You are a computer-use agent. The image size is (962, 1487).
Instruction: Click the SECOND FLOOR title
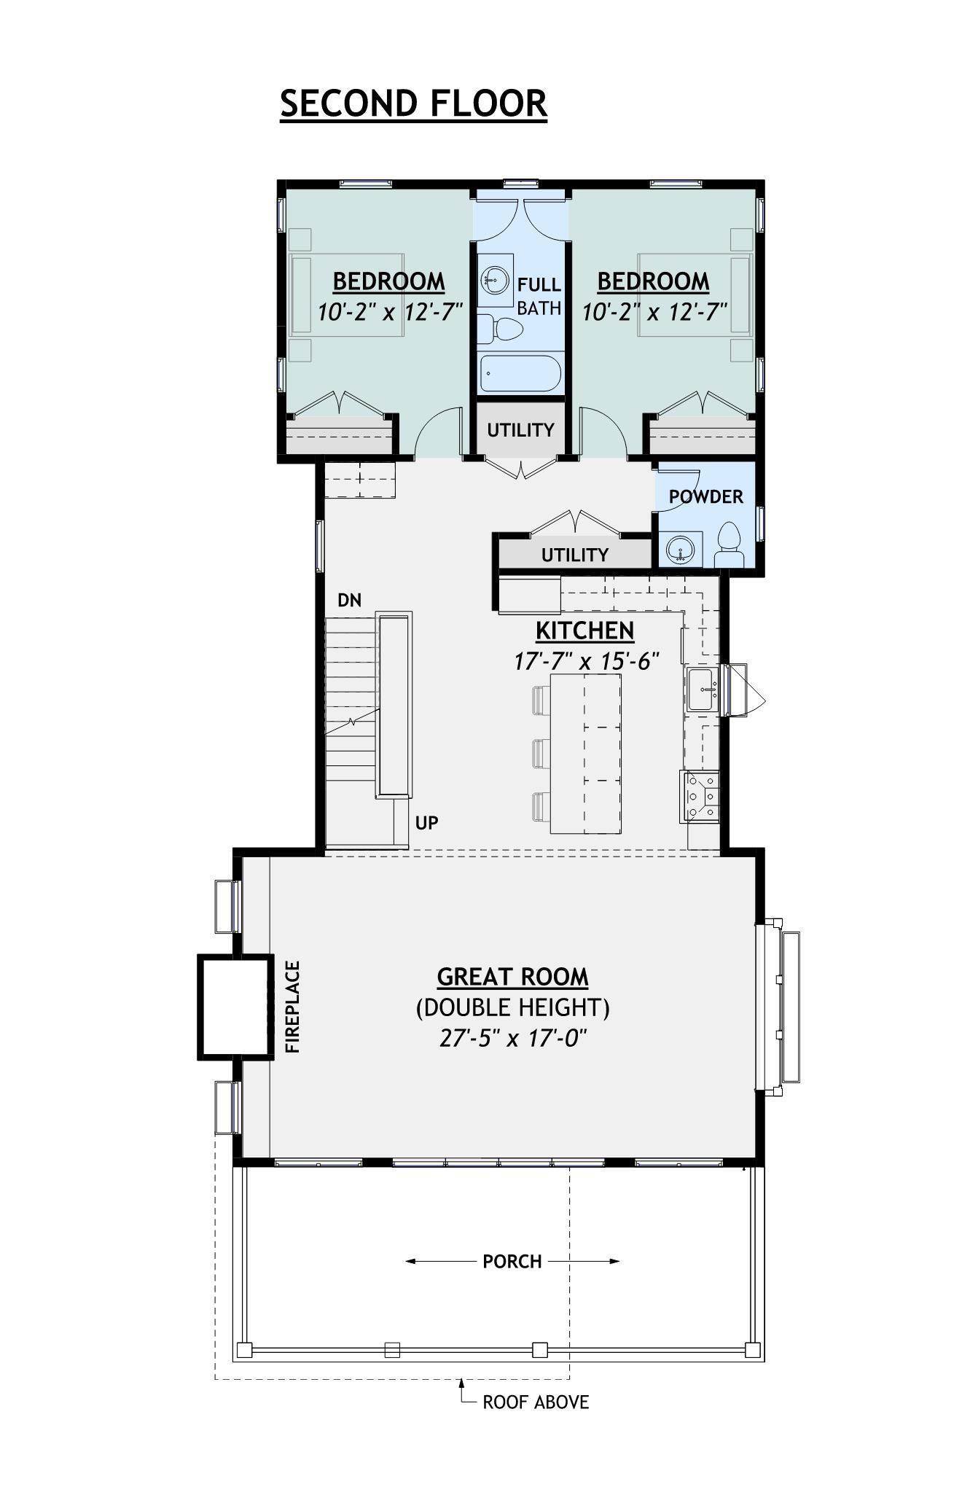413,103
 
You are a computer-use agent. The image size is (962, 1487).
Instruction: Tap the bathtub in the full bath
520,373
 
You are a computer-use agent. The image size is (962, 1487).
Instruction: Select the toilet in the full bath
503,329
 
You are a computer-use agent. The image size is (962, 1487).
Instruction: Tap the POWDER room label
705,497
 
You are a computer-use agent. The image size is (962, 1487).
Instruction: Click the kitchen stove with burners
700,796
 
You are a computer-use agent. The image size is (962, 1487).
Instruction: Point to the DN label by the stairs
349,600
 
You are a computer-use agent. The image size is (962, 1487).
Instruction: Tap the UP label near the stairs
426,823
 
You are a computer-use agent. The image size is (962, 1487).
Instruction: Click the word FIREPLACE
292,1007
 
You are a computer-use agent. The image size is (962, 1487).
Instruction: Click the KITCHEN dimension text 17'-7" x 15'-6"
586,662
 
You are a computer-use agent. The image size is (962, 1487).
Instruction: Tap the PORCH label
512,1262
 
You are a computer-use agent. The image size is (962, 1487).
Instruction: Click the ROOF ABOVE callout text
535,1402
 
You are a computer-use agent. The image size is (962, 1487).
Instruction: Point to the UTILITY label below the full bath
520,430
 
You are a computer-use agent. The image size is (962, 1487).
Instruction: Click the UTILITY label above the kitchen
574,555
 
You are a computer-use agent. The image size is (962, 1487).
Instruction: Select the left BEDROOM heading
388,281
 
